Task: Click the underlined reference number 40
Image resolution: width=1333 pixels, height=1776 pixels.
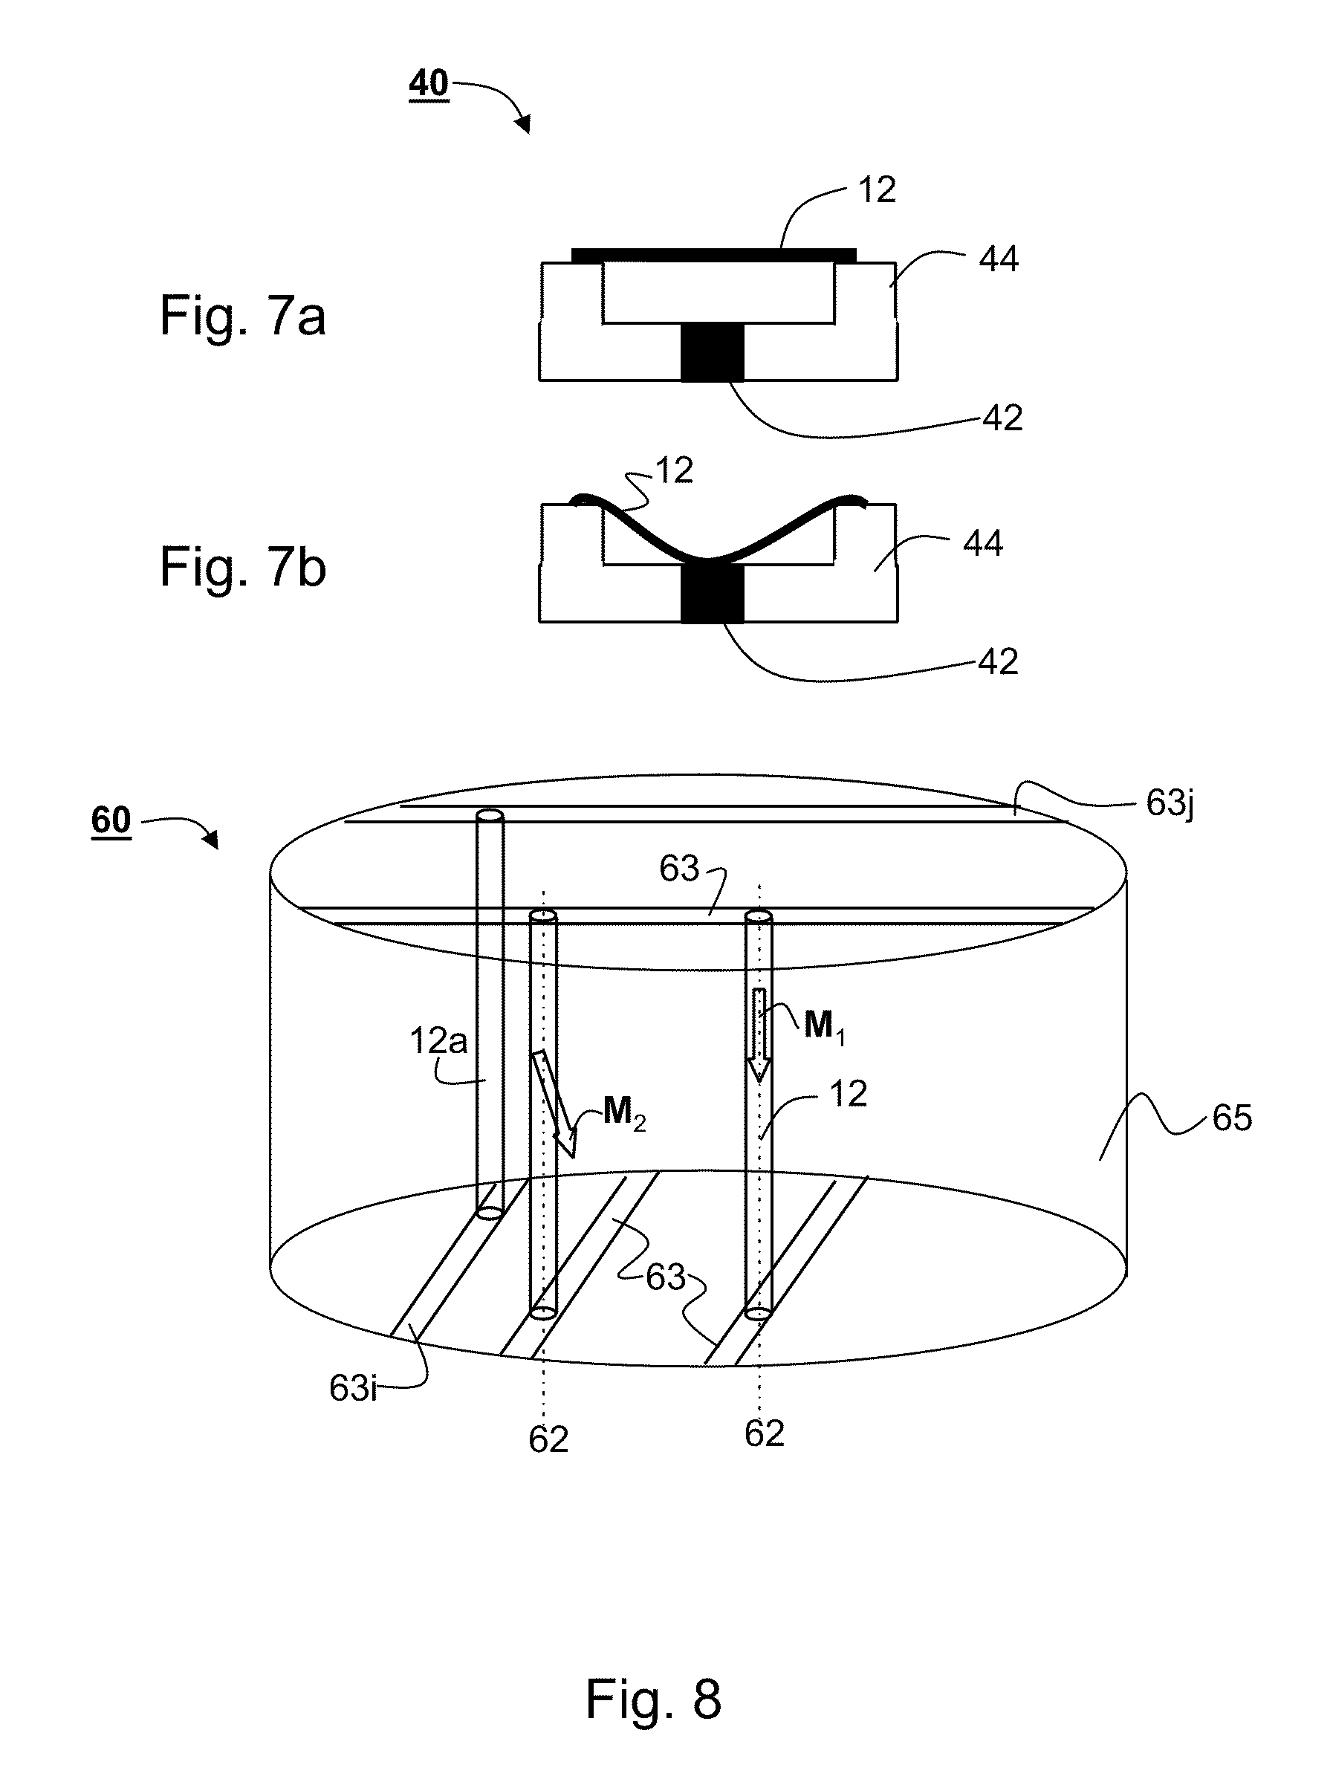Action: pyautogui.click(x=429, y=83)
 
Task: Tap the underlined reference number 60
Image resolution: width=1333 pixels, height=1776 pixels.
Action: pyautogui.click(x=111, y=820)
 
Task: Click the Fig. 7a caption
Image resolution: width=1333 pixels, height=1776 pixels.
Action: pyautogui.click(x=242, y=316)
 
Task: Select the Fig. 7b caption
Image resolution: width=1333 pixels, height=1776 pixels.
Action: pyautogui.click(x=243, y=567)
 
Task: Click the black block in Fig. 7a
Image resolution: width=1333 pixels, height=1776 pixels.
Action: pyautogui.click(x=713, y=351)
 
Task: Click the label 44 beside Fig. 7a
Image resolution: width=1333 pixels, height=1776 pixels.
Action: pyautogui.click(x=998, y=259)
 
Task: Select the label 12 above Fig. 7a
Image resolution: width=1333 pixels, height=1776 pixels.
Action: pyautogui.click(x=877, y=190)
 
